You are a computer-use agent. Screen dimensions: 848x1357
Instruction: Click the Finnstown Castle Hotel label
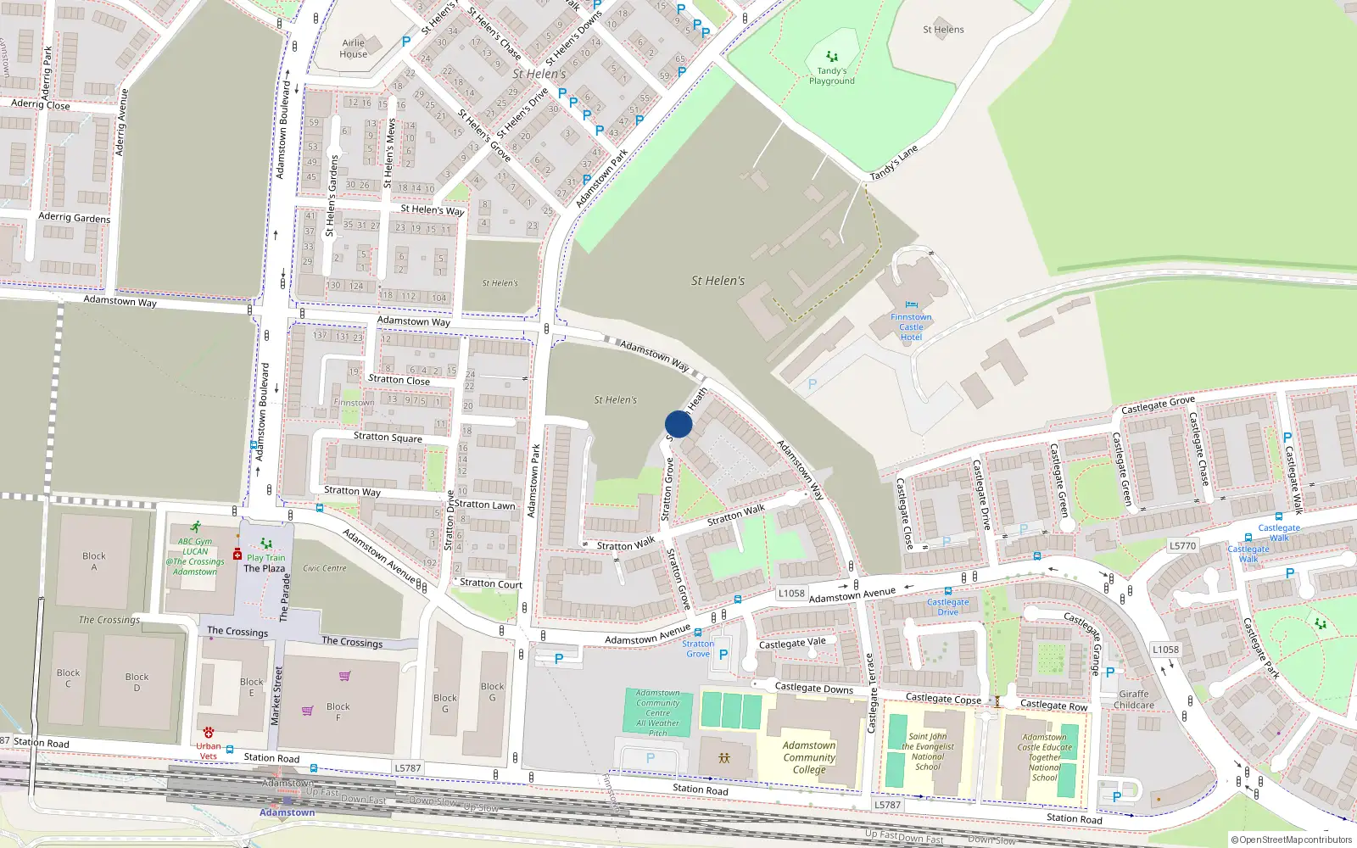tap(911, 326)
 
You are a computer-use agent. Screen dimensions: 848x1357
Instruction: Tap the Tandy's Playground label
tap(831, 76)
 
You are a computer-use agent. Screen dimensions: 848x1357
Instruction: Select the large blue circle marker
tap(678, 424)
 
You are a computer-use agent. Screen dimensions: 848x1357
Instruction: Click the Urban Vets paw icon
tap(209, 733)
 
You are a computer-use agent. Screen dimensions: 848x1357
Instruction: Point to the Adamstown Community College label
tap(809, 757)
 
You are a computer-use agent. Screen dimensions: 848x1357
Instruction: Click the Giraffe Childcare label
tap(1134, 700)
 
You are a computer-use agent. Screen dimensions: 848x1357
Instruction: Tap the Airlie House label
tap(354, 48)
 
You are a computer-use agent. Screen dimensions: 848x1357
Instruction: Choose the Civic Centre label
tap(325, 568)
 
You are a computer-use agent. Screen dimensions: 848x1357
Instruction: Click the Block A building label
tap(94, 561)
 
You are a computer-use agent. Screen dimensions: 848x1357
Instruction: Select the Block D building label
tap(137, 682)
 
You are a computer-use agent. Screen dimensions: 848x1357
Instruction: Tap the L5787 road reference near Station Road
tap(407, 768)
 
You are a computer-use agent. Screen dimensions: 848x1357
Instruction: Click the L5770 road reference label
tap(1182, 546)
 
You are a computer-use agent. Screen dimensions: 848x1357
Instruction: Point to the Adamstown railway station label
tap(287, 812)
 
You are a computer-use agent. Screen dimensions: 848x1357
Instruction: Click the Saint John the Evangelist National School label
tap(928, 751)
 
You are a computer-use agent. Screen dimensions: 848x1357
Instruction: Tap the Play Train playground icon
tap(266, 544)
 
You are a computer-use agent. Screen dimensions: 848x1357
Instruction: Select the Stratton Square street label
tap(388, 437)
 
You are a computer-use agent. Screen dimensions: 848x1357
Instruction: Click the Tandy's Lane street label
tap(894, 163)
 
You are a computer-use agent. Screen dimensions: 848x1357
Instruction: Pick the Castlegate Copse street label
tap(943, 699)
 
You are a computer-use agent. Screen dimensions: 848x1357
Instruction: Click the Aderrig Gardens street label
tap(75, 218)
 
